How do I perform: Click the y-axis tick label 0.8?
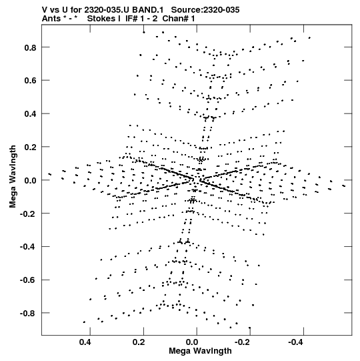tap(31, 47)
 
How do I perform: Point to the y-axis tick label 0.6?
tap(31, 81)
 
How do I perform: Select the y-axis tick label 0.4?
tap(31, 114)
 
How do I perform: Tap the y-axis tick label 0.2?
tap(31, 147)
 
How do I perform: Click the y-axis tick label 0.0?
tap(31, 180)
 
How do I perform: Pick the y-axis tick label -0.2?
tap(28, 214)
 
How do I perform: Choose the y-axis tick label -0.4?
tap(28, 247)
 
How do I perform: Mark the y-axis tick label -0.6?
tap(28, 280)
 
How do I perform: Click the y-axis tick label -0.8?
tap(28, 314)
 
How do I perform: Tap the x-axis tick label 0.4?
tap(85, 342)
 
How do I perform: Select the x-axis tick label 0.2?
tap(139, 342)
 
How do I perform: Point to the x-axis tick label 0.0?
tap(192, 342)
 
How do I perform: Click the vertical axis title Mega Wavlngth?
tap(13, 177)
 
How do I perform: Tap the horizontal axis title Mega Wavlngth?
tap(200, 351)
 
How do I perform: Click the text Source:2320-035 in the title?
tap(205, 10)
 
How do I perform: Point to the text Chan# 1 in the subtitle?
tap(179, 19)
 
